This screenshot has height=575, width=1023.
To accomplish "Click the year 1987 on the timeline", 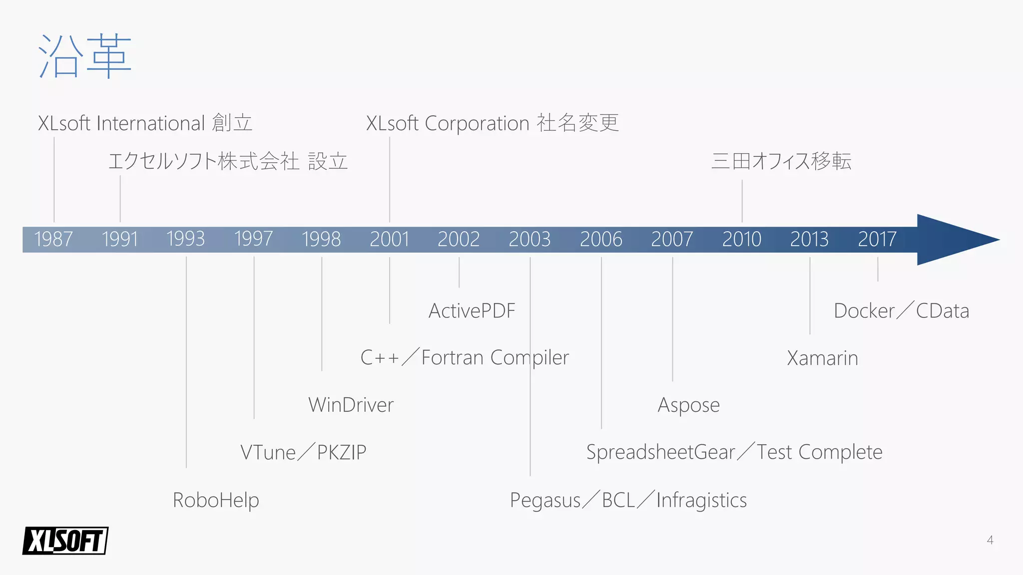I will (x=53, y=239).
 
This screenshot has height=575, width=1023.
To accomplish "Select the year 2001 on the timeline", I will (x=389, y=239).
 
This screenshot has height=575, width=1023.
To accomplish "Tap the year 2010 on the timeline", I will (x=742, y=239).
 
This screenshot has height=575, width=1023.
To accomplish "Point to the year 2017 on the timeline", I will (x=877, y=239).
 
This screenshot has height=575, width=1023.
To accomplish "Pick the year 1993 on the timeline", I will (x=185, y=239).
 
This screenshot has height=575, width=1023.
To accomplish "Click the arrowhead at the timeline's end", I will (x=954, y=240).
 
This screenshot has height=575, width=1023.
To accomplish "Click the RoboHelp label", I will (x=216, y=500).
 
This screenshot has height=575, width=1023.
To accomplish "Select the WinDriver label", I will (x=351, y=405).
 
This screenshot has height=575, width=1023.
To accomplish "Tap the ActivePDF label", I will (x=472, y=311).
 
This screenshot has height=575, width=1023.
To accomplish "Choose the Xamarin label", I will (x=823, y=358).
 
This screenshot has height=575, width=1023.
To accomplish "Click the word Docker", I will (x=864, y=311).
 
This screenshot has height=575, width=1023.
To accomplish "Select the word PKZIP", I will (x=342, y=452).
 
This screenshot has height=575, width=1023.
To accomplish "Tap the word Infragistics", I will (x=701, y=500).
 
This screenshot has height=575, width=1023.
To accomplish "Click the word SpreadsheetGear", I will (x=660, y=452).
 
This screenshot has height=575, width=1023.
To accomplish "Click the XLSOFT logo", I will (x=65, y=541).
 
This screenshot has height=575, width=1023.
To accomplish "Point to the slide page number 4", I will (x=990, y=540).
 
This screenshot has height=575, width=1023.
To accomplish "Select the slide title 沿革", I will (x=85, y=56).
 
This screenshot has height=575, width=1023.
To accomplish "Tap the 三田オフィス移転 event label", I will (x=781, y=161).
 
